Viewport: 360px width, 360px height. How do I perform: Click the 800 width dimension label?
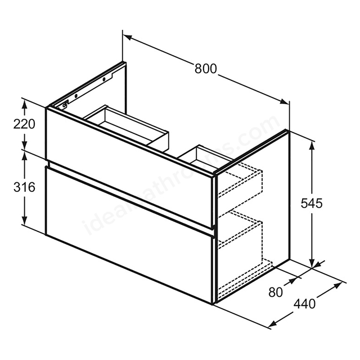tap(205, 69)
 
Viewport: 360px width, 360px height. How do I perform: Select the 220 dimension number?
tap(24, 124)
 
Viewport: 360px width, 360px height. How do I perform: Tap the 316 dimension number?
tap(24, 187)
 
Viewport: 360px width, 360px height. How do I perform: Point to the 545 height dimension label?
tap(312, 203)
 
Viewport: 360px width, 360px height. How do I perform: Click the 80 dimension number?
tap(276, 292)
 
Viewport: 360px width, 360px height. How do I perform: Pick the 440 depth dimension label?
tap(305, 304)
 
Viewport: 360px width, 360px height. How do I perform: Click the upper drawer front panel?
tap(130, 168)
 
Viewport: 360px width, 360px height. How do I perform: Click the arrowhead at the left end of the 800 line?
tap(128, 38)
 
